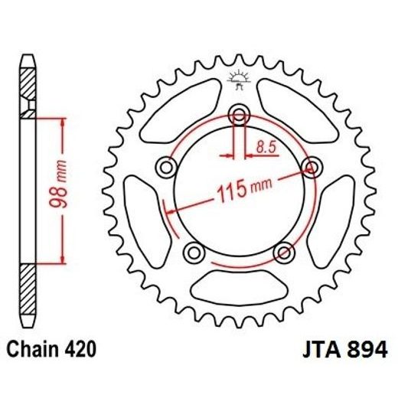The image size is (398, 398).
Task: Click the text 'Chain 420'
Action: (x=52, y=350)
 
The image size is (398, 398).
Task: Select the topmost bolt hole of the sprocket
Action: (x=240, y=117)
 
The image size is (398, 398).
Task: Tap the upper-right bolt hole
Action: (x=312, y=166)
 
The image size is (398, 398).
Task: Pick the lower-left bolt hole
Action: (x=193, y=253)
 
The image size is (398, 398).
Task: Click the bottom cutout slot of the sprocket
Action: (x=238, y=289)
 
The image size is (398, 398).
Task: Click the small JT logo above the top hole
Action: (x=239, y=80)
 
